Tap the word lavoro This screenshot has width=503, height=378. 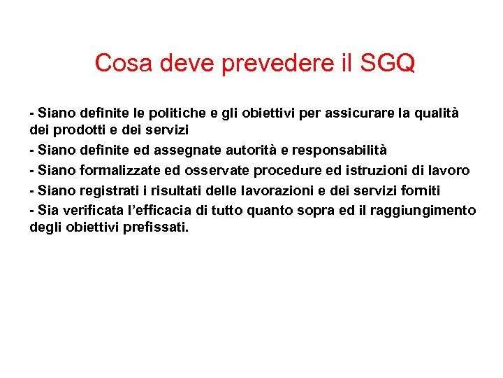[x=449, y=171]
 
